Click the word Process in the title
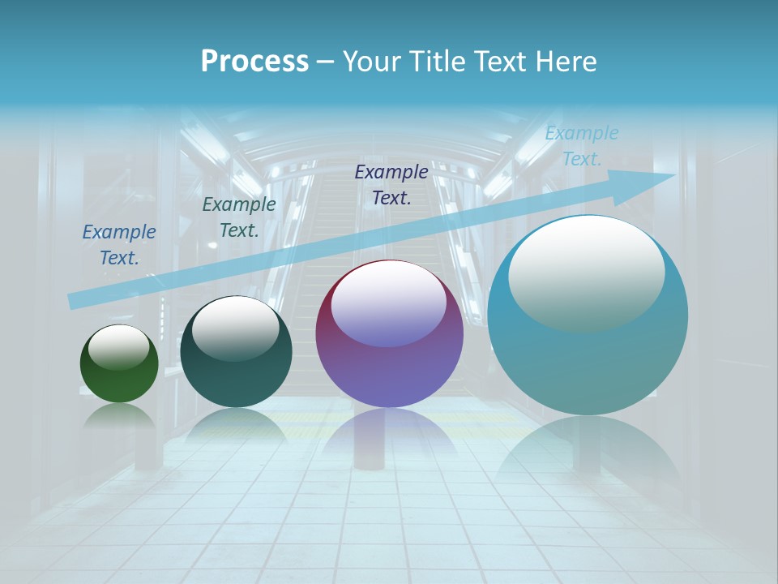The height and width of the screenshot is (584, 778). pyautogui.click(x=254, y=62)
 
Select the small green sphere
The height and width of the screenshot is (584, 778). pyautogui.click(x=119, y=377)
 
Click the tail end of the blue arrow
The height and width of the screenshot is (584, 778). pyautogui.click(x=73, y=301)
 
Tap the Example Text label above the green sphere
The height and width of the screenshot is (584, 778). pyautogui.click(x=119, y=244)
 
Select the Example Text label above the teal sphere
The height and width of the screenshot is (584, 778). pyautogui.click(x=238, y=217)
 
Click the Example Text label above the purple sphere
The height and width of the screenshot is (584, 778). pyautogui.click(x=391, y=184)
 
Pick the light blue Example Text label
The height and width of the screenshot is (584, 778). pyautogui.click(x=581, y=146)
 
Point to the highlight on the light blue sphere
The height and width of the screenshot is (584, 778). pyautogui.click(x=586, y=272)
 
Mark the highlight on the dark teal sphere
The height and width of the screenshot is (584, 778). pyautogui.click(x=235, y=327)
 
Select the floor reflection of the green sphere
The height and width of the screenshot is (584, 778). pyautogui.click(x=119, y=416)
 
